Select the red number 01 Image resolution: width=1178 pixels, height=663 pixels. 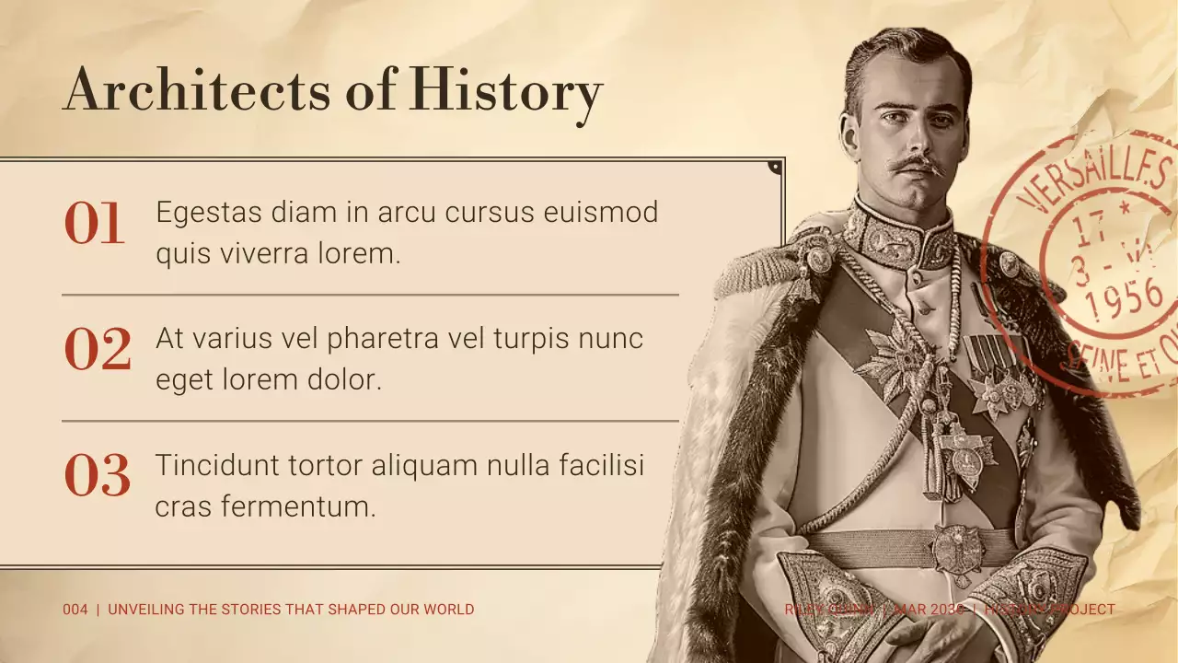coord(94,225)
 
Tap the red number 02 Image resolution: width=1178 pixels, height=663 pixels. coord(97,351)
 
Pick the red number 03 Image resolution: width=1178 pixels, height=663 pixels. coord(97,477)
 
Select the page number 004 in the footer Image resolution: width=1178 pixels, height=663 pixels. coord(75,610)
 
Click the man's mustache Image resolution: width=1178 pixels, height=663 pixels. coord(918,165)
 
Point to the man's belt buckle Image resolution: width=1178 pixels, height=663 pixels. coord(958,551)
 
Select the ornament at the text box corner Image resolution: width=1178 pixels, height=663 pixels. coord(775,167)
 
